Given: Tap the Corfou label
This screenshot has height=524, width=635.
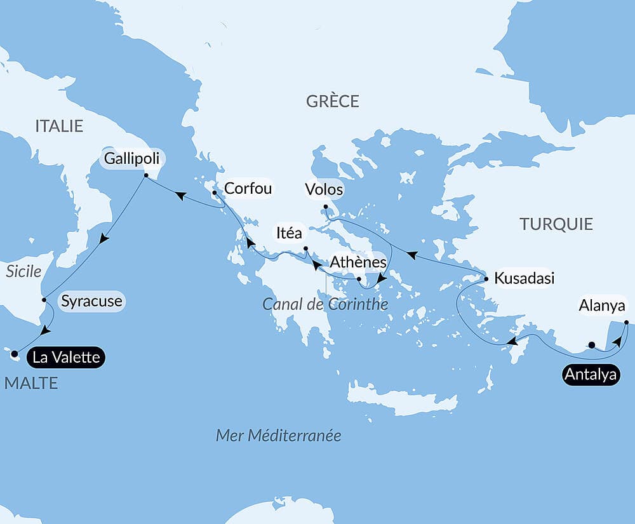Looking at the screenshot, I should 248,188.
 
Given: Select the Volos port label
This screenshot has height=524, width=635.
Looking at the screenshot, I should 324,189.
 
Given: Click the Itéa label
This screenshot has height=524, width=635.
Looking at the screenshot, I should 289,233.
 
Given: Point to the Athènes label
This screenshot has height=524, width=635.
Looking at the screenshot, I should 358,262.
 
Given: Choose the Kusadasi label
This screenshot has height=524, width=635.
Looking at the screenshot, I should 524,278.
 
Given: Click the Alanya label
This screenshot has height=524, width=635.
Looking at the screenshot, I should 602,306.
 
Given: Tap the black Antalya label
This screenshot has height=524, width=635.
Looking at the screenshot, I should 591,375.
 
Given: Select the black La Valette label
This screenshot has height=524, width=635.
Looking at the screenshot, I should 66,357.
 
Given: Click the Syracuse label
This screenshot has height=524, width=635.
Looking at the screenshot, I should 92,301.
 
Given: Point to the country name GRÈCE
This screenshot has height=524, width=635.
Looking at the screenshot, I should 332,102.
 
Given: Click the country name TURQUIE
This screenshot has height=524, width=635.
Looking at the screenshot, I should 556,224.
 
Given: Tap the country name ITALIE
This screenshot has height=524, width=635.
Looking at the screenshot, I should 59,126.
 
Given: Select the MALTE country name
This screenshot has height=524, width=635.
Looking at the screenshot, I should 31,382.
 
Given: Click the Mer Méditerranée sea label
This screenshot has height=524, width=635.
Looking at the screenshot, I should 278,435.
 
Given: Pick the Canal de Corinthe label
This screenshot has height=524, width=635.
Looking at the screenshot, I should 325,304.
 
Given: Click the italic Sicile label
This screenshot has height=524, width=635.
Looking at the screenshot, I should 23,272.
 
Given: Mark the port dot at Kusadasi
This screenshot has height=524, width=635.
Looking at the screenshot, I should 486,279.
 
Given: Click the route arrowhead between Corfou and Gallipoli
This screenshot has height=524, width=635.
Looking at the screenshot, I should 180,196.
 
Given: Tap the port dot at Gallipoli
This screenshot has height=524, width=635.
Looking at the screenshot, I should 145,176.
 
